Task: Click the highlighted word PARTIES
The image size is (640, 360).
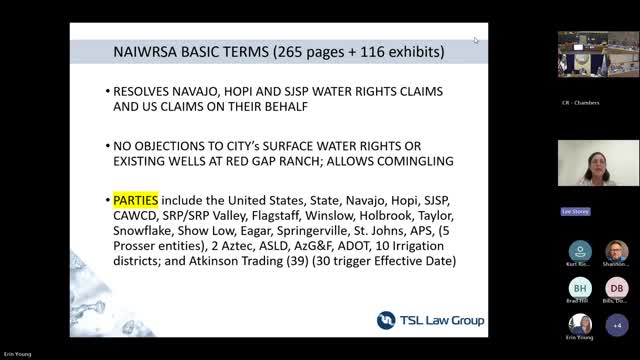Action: point(135,199)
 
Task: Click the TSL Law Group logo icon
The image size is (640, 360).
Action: point(387,320)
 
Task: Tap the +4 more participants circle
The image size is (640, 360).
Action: point(616,325)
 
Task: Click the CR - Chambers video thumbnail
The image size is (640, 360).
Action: point(598,54)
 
